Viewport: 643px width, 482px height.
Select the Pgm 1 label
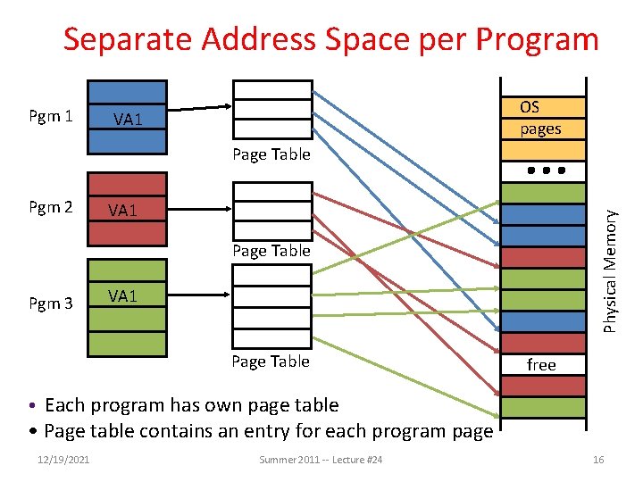tap(51, 116)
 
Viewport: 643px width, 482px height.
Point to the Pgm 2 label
tap(51, 208)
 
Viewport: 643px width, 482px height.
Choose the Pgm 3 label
tap(51, 303)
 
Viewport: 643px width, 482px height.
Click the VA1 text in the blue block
tap(127, 119)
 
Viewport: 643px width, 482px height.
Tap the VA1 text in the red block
tap(122, 211)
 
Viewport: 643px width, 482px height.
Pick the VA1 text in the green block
tap(122, 295)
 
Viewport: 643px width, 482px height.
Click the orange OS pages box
tap(541, 118)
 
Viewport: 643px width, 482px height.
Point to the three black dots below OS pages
tap(541, 170)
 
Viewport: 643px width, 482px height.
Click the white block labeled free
tap(541, 364)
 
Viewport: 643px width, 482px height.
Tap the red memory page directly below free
tap(541, 386)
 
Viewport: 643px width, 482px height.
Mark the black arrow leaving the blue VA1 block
tap(199, 109)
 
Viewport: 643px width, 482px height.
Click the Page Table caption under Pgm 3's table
tap(271, 361)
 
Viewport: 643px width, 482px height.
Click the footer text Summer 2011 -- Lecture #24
tap(321, 459)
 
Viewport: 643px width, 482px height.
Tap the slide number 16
tap(598, 459)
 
